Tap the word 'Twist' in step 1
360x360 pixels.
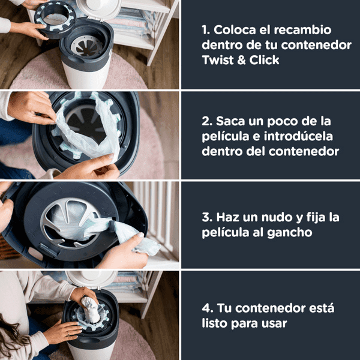[218, 61]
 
